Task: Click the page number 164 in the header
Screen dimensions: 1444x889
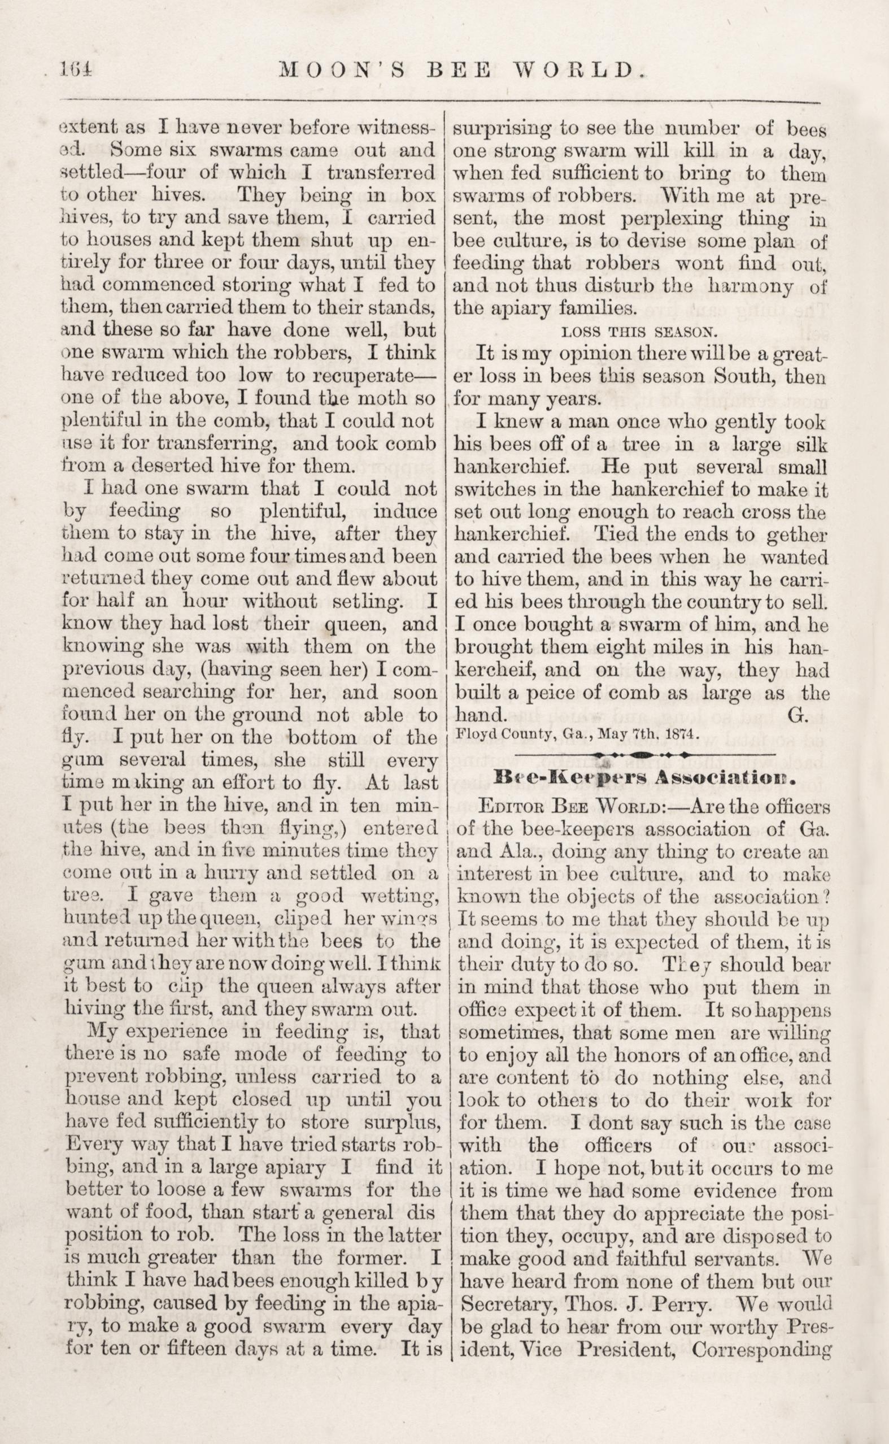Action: [77, 70]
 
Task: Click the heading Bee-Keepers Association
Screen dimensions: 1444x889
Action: [645, 781]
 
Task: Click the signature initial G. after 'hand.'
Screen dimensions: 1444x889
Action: [799, 714]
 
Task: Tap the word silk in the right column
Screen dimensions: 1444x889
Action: [812, 445]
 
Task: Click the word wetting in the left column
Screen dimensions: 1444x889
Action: [403, 897]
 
